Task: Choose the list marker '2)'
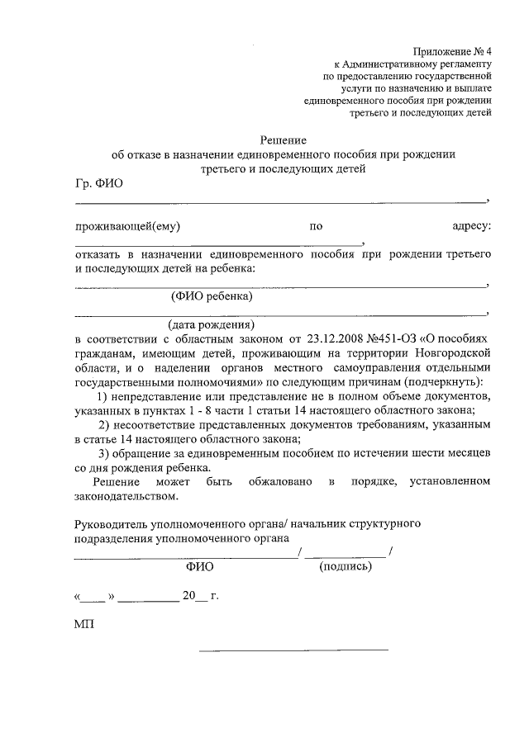(104, 424)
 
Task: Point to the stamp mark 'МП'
(84, 624)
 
